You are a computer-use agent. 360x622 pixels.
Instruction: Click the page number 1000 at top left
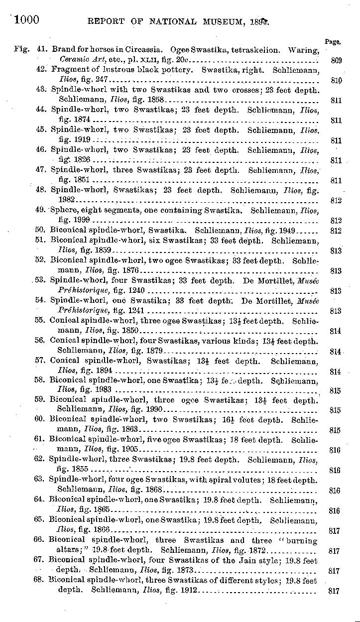(27, 20)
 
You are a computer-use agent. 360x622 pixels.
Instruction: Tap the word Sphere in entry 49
(63, 210)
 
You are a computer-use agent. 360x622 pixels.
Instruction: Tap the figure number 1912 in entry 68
(189, 591)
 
